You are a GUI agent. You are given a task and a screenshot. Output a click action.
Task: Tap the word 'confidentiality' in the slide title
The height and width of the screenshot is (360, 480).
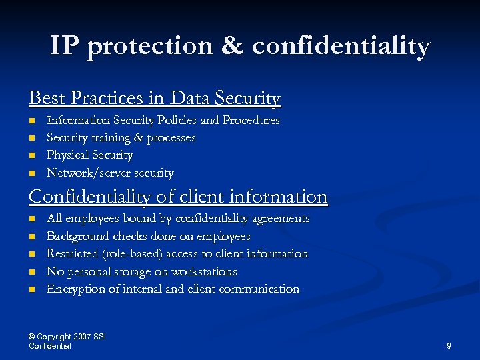[341, 46]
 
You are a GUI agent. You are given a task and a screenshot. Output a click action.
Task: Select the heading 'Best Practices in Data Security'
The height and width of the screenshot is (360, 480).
[155, 99]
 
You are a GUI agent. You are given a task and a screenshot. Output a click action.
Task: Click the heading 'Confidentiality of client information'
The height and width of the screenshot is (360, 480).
[178, 197]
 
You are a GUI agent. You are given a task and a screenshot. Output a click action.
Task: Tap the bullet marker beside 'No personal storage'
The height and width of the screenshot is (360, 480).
[31, 272]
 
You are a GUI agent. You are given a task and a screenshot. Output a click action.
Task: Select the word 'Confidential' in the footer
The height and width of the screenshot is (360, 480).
[50, 346]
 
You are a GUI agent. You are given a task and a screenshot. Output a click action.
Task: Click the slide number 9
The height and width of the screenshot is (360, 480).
[449, 346]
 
